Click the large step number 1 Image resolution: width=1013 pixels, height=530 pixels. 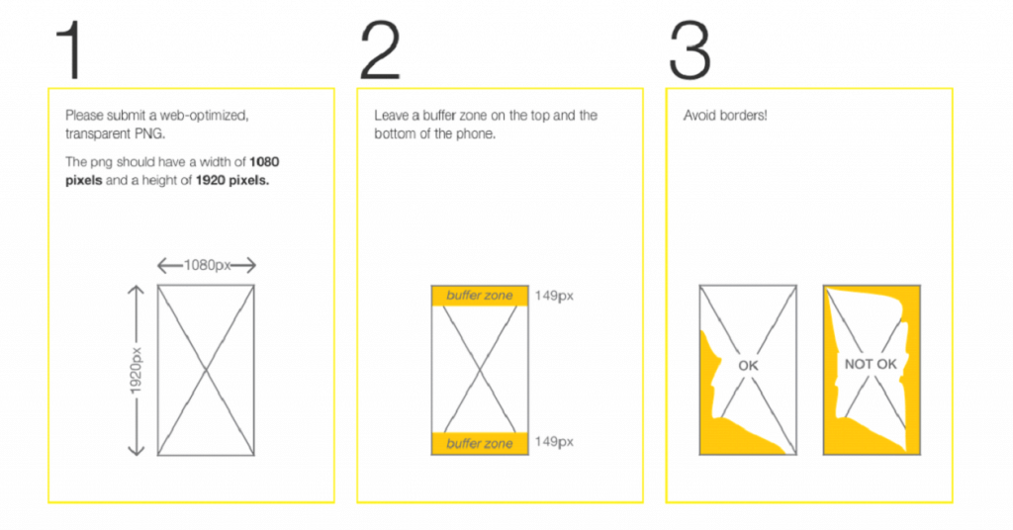click(70, 49)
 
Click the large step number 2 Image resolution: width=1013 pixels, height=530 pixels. click(380, 49)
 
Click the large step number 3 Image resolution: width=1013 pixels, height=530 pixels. click(690, 49)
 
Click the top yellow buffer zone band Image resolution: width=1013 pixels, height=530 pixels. click(480, 296)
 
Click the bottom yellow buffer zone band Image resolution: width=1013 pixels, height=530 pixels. click(480, 444)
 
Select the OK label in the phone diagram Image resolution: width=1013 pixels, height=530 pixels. click(748, 366)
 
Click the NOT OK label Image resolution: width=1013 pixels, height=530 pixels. click(871, 364)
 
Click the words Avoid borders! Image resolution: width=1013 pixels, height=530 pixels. click(725, 116)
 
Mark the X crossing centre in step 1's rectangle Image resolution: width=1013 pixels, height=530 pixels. click(206, 370)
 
